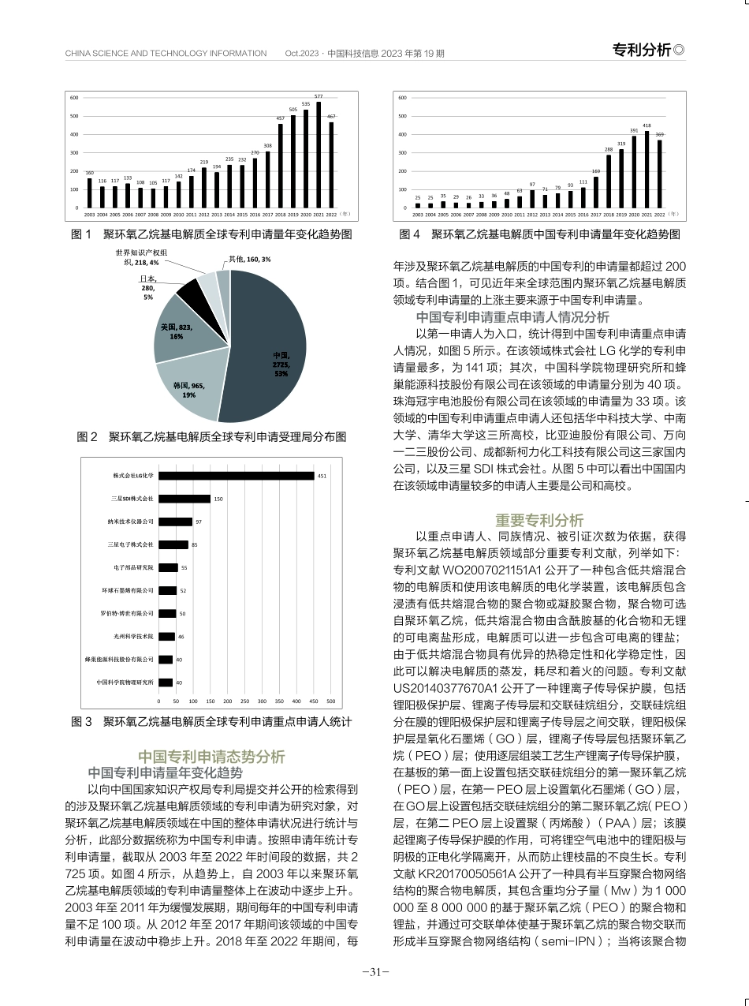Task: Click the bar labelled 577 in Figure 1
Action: point(319,155)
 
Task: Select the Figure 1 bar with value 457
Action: point(280,166)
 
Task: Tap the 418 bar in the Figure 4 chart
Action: point(647,170)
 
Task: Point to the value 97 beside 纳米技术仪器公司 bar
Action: point(199,522)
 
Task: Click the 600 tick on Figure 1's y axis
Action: point(74,98)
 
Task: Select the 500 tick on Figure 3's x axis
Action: point(330,701)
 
